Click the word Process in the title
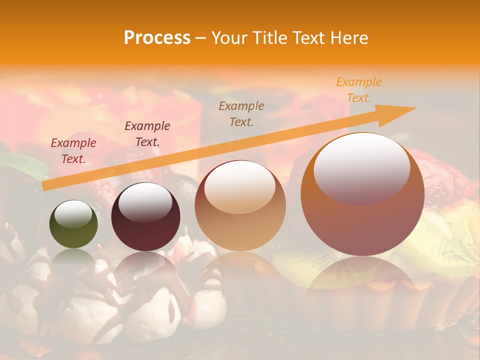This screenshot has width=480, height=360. [157, 38]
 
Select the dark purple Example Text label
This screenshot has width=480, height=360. [147, 134]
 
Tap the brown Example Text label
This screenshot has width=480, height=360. [241, 114]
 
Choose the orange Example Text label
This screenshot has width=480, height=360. [359, 90]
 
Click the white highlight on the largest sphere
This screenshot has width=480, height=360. [361, 168]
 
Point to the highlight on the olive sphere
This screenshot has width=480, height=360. [73, 214]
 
